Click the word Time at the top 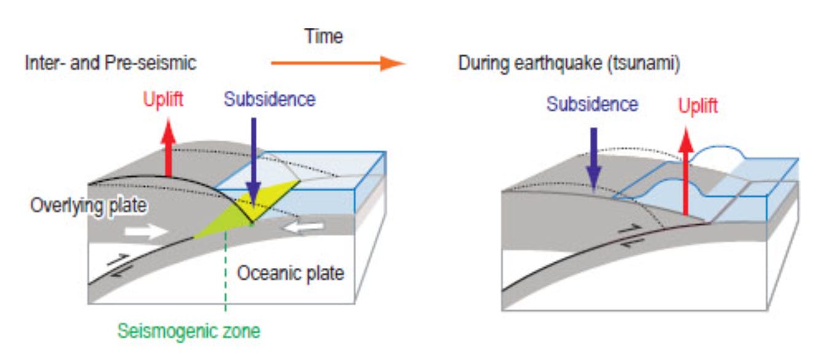pyautogui.click(x=323, y=36)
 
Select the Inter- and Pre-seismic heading pyautogui.click(x=111, y=63)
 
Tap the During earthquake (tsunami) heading pyautogui.click(x=569, y=63)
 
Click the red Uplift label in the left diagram pyautogui.click(x=163, y=99)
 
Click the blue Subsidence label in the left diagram pyautogui.click(x=269, y=99)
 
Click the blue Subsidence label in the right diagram pyautogui.click(x=592, y=104)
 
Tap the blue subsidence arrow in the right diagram pyautogui.click(x=593, y=157)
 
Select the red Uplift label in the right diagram pyautogui.click(x=698, y=106)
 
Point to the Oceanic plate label pyautogui.click(x=290, y=273)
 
